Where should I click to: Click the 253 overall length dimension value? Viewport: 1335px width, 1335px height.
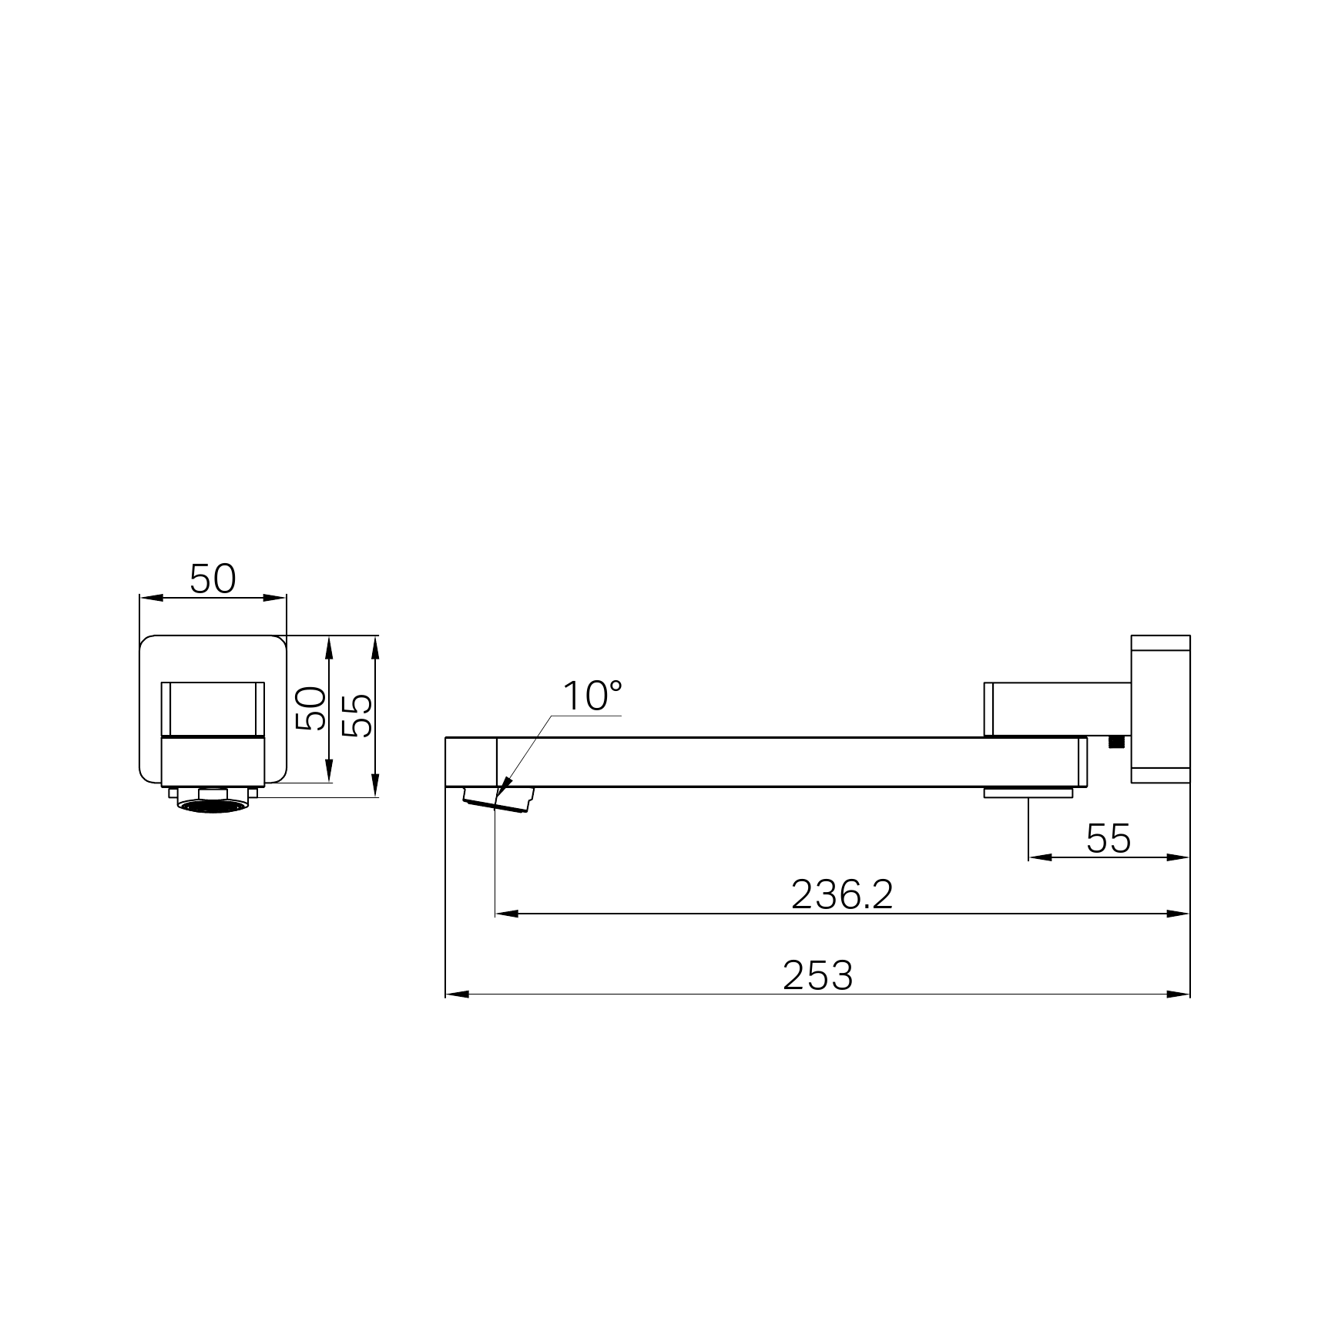click(817, 975)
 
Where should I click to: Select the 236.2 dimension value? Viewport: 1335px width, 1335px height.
click(842, 895)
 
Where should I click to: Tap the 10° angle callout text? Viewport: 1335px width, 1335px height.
click(592, 696)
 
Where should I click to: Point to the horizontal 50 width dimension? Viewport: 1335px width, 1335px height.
click(213, 579)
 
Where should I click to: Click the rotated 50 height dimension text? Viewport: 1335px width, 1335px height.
click(311, 709)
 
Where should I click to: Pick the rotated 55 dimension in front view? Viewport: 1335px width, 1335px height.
click(357, 715)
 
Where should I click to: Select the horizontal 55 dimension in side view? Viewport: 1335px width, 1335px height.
click(1109, 839)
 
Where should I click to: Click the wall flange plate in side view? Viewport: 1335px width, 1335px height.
click(1160, 709)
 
